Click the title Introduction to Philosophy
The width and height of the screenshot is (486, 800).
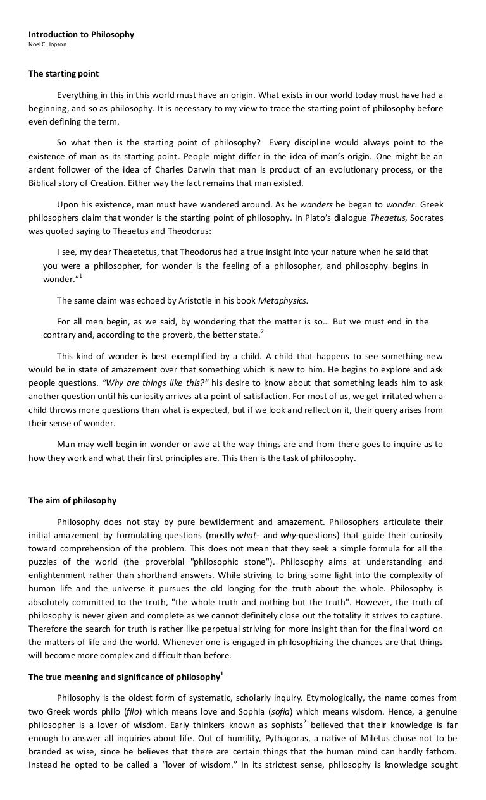click(81, 34)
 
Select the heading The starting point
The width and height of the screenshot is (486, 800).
click(63, 73)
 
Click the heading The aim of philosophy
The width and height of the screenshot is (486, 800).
click(72, 500)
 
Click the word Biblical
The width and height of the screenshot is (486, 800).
click(43, 183)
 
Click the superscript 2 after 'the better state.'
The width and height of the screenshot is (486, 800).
click(263, 331)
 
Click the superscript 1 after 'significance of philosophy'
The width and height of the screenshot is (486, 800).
click(221, 674)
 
